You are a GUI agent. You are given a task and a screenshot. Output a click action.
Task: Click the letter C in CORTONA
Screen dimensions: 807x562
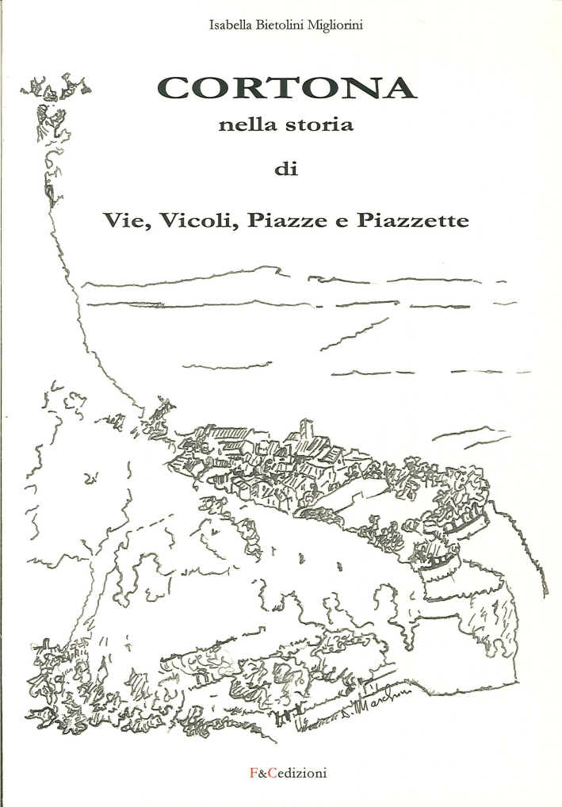coord(173,87)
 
